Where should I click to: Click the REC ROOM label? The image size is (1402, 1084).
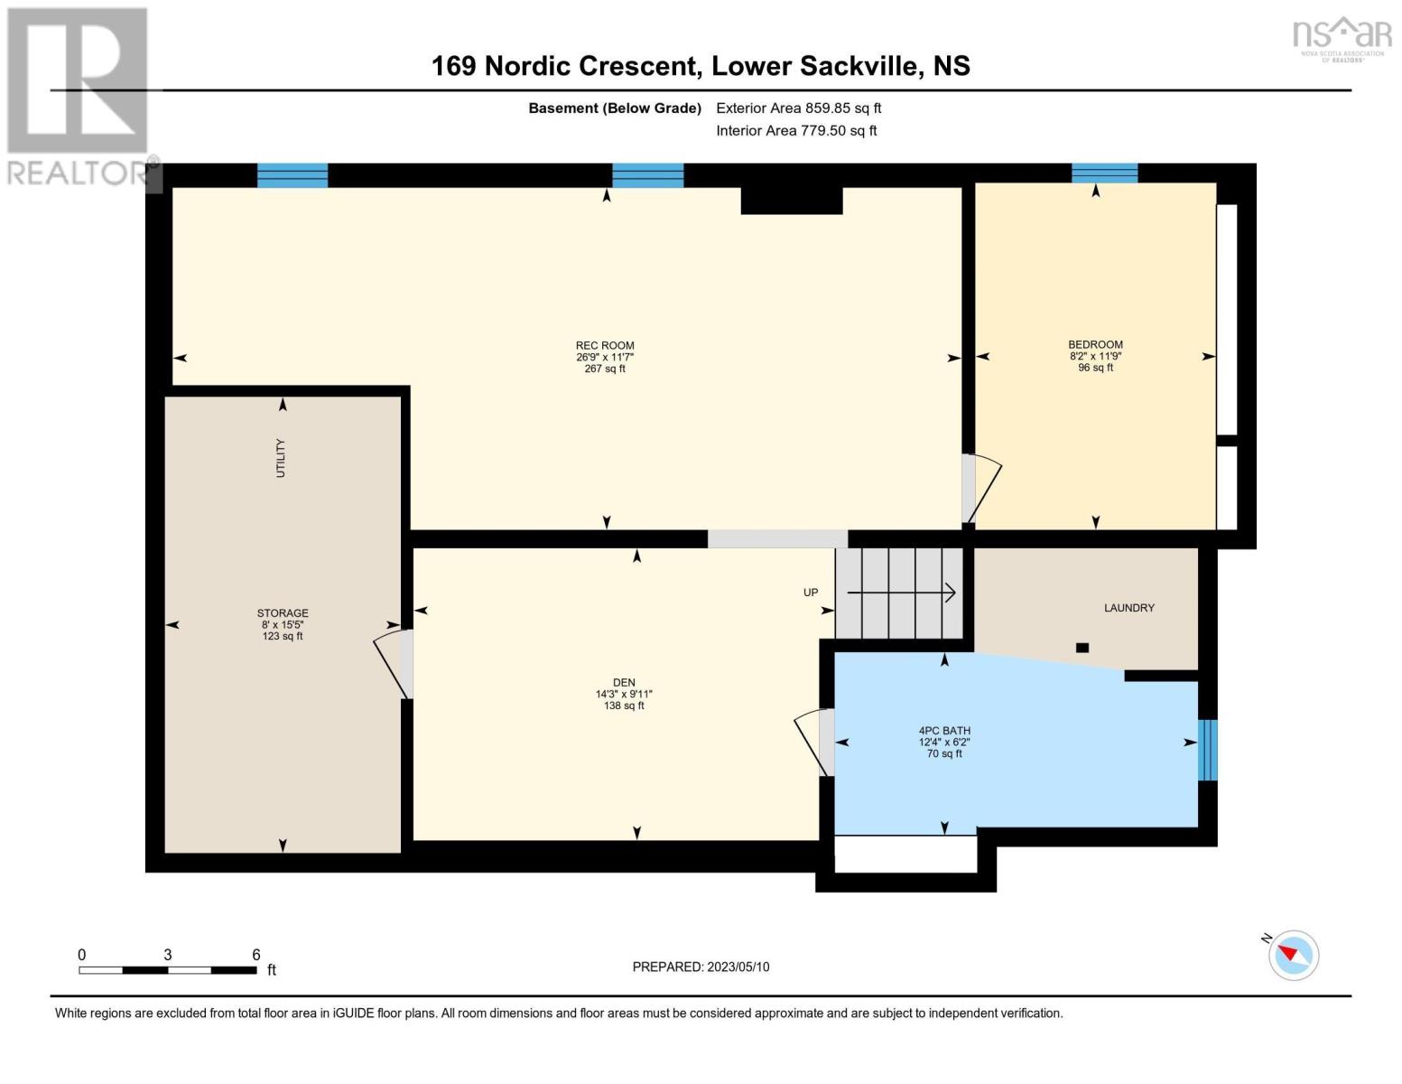tap(605, 346)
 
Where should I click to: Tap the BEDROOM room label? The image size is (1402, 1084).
tap(1095, 345)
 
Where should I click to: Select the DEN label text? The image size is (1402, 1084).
tap(624, 683)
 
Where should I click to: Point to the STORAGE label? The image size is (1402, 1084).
tap(283, 613)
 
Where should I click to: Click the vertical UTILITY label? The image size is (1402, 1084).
tap(281, 458)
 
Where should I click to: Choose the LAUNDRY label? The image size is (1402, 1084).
tap(1128, 608)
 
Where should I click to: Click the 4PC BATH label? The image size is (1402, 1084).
tap(944, 731)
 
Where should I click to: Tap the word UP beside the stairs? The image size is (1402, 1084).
tap(811, 593)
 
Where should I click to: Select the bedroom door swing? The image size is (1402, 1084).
tap(984, 488)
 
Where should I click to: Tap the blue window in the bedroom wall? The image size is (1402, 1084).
tap(1104, 173)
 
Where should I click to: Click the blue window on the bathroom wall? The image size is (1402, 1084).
tap(1207, 750)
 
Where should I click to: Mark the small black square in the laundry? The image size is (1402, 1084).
tap(1082, 648)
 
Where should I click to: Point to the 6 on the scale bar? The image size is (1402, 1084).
tap(256, 955)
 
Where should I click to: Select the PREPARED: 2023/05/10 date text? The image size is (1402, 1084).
tap(701, 967)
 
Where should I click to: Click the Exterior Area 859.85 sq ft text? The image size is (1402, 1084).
tap(798, 108)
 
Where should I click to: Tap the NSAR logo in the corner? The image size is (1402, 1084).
tap(1342, 34)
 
